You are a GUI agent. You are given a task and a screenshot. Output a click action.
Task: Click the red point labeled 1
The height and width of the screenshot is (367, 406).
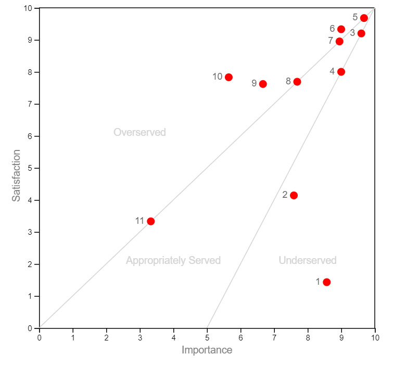[326, 282]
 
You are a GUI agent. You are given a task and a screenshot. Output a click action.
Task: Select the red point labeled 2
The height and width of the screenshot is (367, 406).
[294, 195]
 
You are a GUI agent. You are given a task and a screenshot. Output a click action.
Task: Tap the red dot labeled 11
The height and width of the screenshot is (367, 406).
[151, 221]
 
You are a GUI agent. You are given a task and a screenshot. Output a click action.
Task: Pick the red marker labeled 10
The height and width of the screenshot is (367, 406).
[229, 77]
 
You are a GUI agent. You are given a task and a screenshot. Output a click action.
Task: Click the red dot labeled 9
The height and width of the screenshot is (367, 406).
[263, 84]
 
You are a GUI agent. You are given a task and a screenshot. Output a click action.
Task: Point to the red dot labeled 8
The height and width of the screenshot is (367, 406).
[297, 82]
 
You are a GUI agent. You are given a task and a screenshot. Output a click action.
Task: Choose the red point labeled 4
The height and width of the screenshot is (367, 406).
[341, 72]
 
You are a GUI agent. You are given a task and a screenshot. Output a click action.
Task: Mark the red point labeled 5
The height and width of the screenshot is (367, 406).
[364, 18]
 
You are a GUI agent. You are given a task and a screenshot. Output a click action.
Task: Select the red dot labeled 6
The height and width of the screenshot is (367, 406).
[341, 29]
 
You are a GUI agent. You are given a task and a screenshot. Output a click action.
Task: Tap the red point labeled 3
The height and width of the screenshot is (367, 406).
[361, 33]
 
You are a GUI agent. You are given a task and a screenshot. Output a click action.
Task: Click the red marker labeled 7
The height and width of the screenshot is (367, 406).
[339, 42]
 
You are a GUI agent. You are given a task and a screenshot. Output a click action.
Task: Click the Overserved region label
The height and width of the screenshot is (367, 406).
[139, 132]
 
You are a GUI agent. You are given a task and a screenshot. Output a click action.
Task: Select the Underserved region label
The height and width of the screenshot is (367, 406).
[308, 260]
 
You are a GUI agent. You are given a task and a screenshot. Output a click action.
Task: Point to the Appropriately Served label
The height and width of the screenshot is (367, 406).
[173, 260]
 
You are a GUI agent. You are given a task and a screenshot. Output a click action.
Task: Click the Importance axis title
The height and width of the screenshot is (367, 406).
[207, 350]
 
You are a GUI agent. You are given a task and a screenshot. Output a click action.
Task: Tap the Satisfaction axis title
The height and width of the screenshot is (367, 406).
[17, 175]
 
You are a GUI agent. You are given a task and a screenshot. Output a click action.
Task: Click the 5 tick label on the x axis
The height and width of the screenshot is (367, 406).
[207, 337]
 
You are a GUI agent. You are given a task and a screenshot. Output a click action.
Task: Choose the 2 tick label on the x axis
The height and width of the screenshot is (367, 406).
[107, 337]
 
